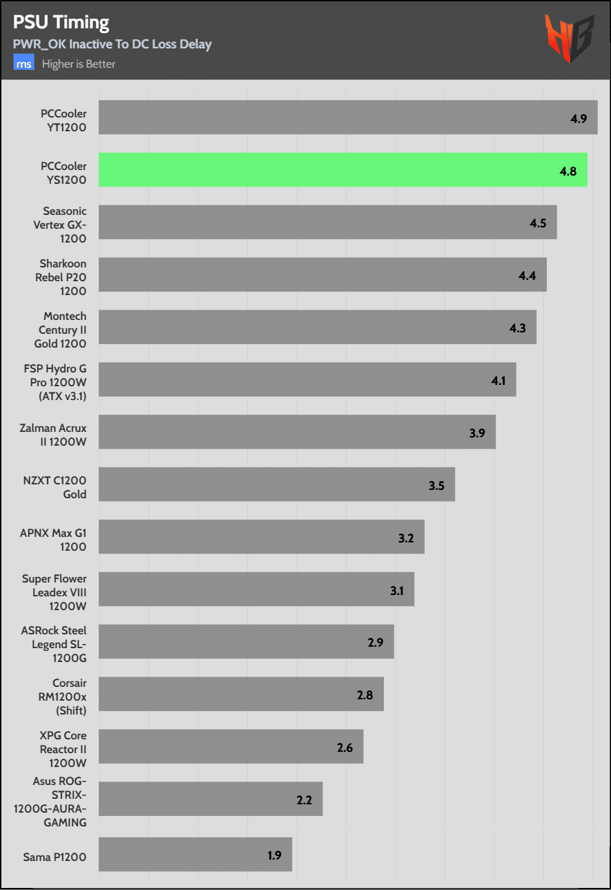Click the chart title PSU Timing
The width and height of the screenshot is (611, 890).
click(x=61, y=22)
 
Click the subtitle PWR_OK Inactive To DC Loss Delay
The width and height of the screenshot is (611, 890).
click(x=112, y=44)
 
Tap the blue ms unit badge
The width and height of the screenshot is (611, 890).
click(x=24, y=64)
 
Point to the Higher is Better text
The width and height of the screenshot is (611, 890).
click(x=79, y=64)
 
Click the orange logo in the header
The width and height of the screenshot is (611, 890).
click(x=568, y=39)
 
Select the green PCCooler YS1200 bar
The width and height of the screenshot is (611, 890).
click(x=342, y=170)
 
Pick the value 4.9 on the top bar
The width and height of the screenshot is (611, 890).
click(x=579, y=118)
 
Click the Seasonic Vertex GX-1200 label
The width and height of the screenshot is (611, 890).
click(x=64, y=225)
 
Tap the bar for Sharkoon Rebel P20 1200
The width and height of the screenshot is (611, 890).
click(x=322, y=274)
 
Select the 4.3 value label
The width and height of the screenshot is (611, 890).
click(x=517, y=328)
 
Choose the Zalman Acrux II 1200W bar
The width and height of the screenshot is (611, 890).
click(x=297, y=432)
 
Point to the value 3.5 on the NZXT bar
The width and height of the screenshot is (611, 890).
click(x=436, y=485)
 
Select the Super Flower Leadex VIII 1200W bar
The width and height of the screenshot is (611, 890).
click(x=256, y=589)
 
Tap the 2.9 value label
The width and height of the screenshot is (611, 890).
click(x=375, y=643)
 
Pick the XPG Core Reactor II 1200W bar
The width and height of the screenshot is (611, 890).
click(x=231, y=746)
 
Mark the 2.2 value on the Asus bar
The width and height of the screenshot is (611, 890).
click(x=304, y=800)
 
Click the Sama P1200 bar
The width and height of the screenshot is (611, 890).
click(x=195, y=855)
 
